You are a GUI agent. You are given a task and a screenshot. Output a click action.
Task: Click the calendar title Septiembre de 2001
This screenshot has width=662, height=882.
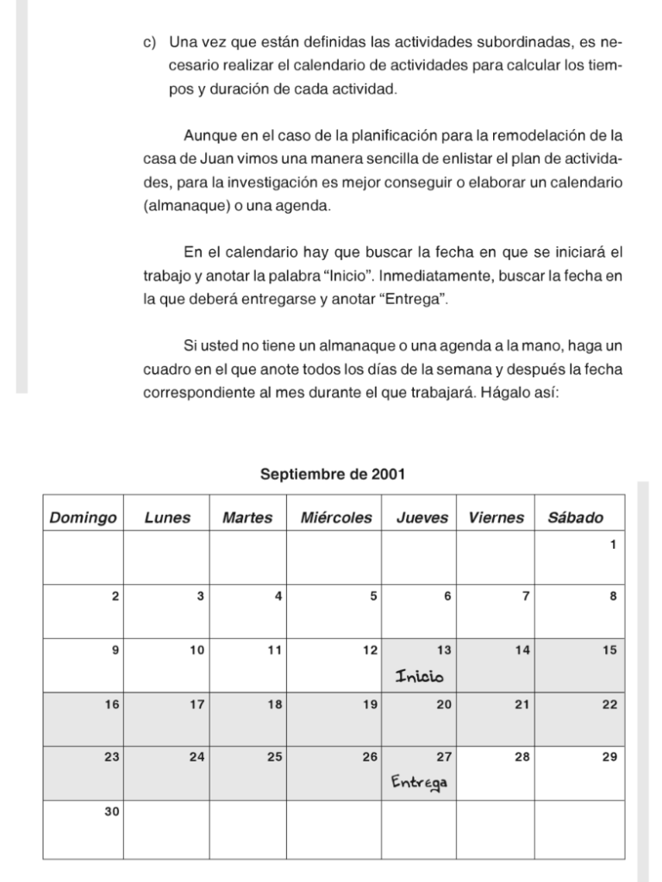(333, 474)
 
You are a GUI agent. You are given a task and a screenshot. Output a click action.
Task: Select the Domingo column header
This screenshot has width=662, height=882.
(83, 518)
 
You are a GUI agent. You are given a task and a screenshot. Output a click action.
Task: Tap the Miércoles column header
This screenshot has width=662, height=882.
(336, 518)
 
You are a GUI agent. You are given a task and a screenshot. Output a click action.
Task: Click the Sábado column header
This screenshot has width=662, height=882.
(575, 518)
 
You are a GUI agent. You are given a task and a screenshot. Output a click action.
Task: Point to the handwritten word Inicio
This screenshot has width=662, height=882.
(419, 676)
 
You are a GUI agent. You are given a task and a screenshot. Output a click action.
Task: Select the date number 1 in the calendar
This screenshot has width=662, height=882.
(612, 544)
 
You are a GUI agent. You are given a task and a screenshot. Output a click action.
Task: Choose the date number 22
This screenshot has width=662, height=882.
(609, 705)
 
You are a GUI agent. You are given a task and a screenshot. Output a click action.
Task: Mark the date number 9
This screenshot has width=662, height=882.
(116, 650)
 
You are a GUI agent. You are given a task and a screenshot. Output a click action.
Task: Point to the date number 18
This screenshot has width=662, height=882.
(275, 705)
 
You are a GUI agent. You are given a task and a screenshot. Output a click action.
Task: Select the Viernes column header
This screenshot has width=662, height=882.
(496, 518)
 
